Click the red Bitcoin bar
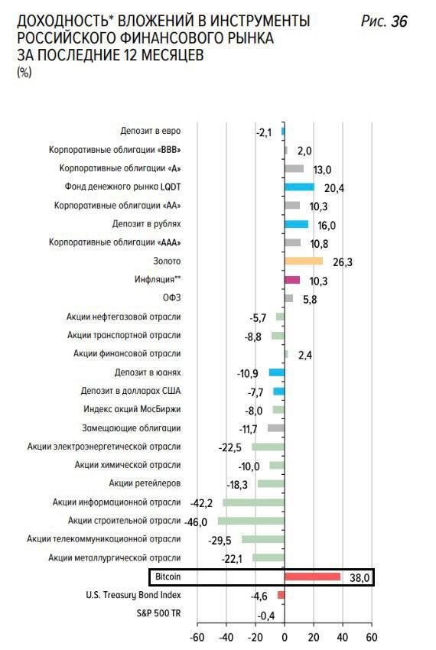[x=312, y=577]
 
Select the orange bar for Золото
[x=304, y=261]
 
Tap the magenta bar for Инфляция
[x=292, y=280]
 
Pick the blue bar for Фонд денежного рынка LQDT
[x=300, y=187]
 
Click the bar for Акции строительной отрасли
[x=252, y=521]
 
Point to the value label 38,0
[x=360, y=577]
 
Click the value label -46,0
[x=196, y=522]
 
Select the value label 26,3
[x=342, y=262]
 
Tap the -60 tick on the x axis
[x=197, y=637]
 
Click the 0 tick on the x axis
[x=285, y=637]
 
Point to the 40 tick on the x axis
[x=343, y=637]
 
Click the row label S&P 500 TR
[x=159, y=613]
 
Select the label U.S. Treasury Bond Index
[x=134, y=595]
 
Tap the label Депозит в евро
[x=151, y=131]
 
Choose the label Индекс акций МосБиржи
[x=132, y=409]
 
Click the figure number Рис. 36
[x=384, y=21]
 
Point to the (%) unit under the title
[x=24, y=73]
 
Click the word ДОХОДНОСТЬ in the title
[x=65, y=21]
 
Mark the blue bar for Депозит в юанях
[x=277, y=372]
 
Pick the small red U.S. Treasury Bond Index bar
[x=281, y=595]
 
